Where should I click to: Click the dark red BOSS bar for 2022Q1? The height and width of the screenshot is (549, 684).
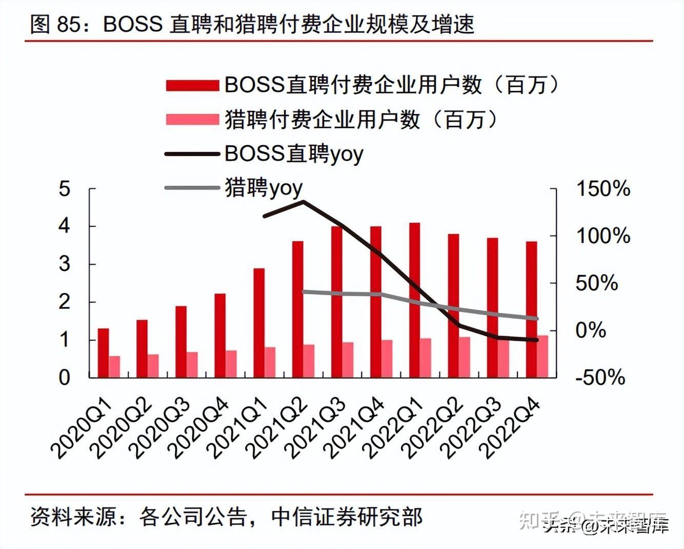(x=414, y=300)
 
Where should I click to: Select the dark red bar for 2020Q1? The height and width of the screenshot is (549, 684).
(x=103, y=353)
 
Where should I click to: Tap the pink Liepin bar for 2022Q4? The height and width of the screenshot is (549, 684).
(x=542, y=356)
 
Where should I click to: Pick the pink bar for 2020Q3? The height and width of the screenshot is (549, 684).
(x=192, y=365)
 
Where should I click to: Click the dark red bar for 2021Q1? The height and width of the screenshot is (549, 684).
(x=259, y=323)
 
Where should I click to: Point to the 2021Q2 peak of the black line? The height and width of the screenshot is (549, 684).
(x=303, y=202)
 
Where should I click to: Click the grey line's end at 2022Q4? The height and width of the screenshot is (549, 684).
(x=536, y=319)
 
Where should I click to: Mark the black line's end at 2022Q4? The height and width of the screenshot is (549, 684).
(x=536, y=340)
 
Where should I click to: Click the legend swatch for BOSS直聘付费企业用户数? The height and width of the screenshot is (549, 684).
(x=192, y=85)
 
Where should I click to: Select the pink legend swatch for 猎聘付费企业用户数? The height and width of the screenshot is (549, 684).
(x=192, y=120)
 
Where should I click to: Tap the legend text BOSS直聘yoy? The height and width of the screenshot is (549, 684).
(x=294, y=153)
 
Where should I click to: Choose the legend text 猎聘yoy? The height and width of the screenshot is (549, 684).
(x=264, y=188)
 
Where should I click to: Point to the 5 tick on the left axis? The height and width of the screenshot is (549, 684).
(x=64, y=189)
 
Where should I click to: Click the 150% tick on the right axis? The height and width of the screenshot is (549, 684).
(x=603, y=189)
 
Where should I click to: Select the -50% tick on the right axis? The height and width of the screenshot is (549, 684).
(x=600, y=378)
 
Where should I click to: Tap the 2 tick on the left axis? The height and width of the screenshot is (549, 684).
(x=64, y=302)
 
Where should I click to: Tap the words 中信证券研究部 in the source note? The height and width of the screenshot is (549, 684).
(x=347, y=517)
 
